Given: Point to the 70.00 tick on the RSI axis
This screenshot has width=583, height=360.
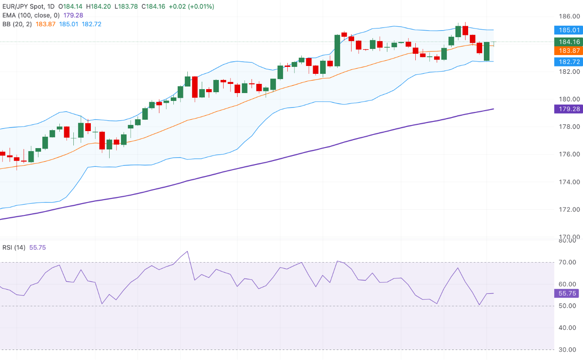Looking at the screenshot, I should pyautogui.click(x=568, y=262).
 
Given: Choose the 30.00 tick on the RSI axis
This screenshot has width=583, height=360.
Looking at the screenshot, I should pyautogui.click(x=568, y=350).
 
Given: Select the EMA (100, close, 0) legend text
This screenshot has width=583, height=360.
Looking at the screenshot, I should pyautogui.click(x=31, y=15).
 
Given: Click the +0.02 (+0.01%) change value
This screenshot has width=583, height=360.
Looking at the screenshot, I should pyautogui.click(x=195, y=7).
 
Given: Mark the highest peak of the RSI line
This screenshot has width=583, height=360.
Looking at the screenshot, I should pyautogui.click(x=187, y=251).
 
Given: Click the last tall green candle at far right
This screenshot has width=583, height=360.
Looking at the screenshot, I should pyautogui.click(x=486, y=51).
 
